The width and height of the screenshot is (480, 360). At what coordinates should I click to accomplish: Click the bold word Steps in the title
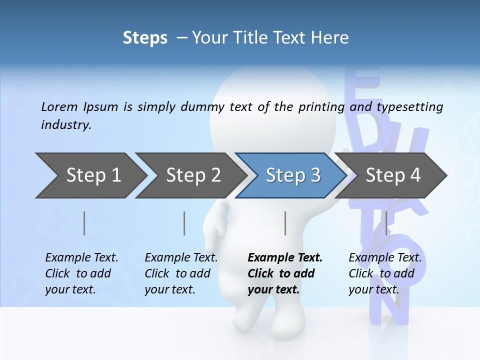[x=145, y=38]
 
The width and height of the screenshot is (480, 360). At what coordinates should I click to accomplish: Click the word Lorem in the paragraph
[x=59, y=106]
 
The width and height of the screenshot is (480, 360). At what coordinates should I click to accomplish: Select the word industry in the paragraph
[x=65, y=124]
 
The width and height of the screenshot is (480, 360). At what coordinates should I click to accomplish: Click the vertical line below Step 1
[x=84, y=223]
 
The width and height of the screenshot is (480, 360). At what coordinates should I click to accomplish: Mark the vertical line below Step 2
[x=184, y=223]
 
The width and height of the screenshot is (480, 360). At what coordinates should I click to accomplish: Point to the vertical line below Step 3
[x=285, y=223]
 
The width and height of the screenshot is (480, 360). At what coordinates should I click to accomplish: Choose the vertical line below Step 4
[x=386, y=223]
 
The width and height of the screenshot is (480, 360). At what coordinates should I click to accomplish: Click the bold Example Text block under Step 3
[x=285, y=273]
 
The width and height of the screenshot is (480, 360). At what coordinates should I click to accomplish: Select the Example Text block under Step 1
[x=81, y=273]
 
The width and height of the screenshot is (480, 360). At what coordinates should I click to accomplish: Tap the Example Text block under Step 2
[x=181, y=273]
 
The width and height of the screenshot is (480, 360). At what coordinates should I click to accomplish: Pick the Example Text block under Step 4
[x=385, y=273]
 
